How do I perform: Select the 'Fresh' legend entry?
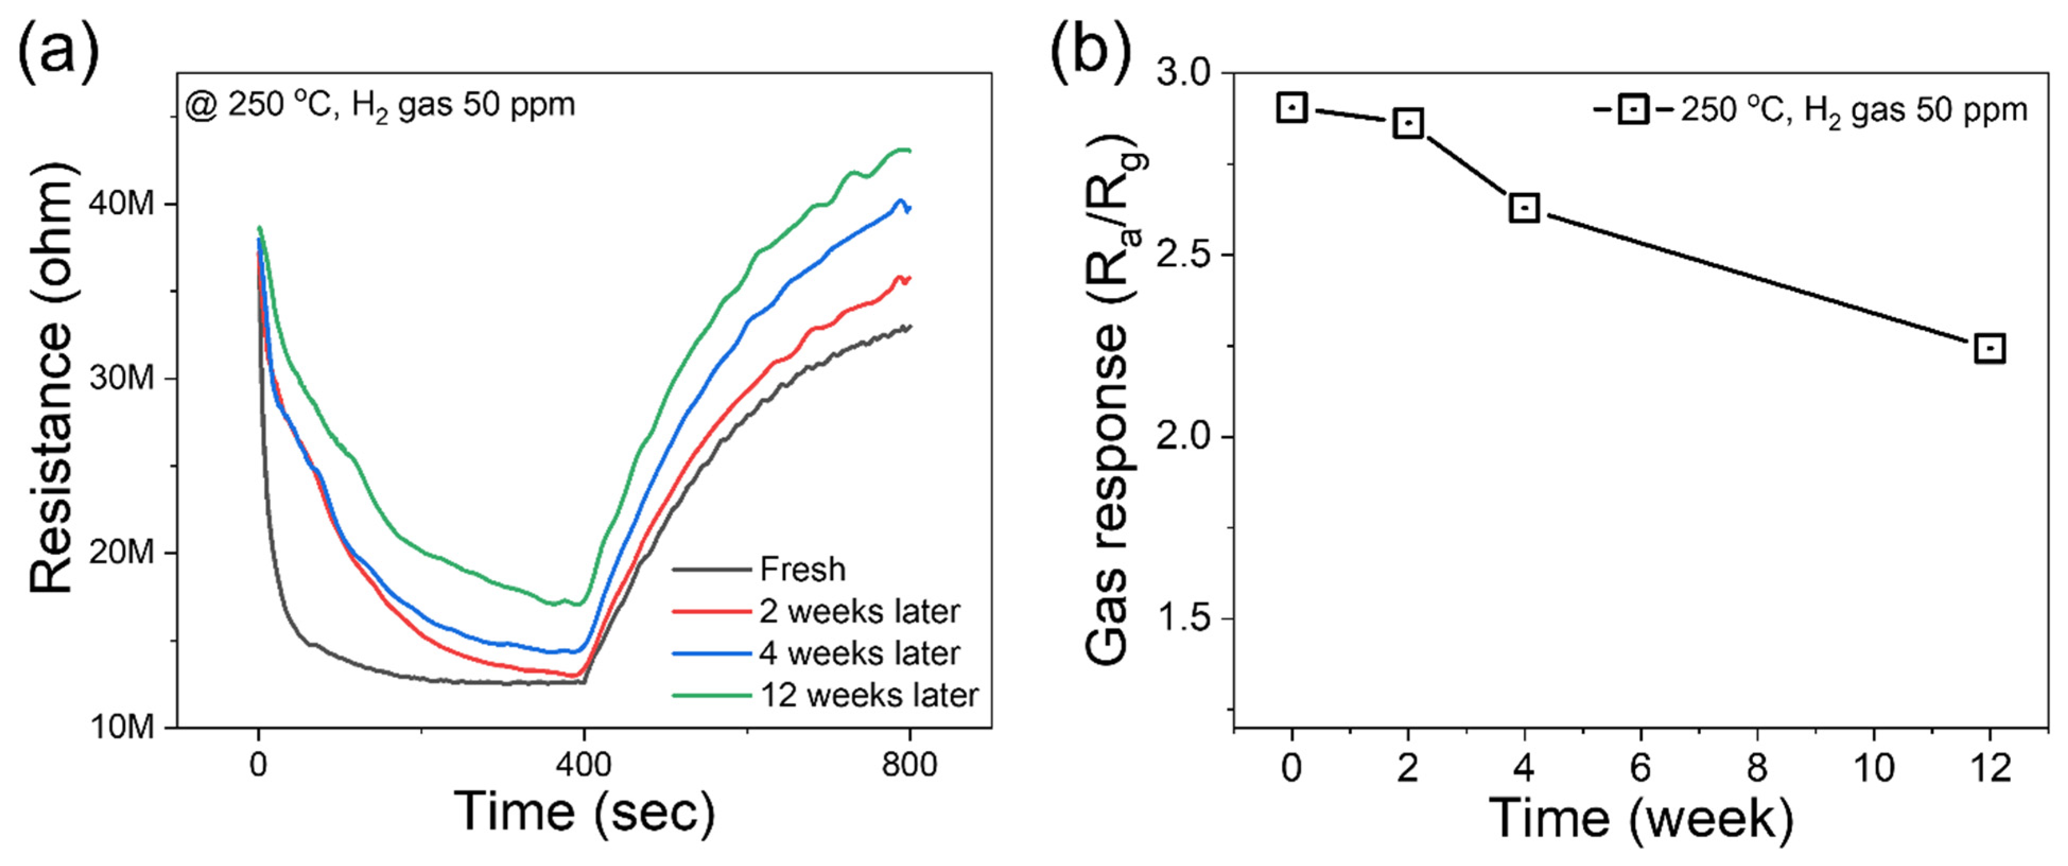(x=802, y=569)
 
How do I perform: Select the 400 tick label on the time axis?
(x=583, y=765)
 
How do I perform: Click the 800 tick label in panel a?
(x=909, y=765)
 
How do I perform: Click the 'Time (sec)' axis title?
(x=583, y=812)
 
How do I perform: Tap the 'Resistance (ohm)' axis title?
(x=51, y=377)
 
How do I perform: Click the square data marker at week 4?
(x=1524, y=208)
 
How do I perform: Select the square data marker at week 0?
(x=1292, y=108)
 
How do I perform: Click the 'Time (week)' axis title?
(x=1640, y=819)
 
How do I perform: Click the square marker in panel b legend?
(x=1633, y=109)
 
